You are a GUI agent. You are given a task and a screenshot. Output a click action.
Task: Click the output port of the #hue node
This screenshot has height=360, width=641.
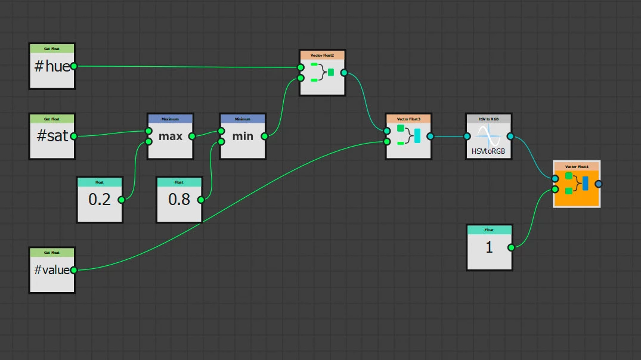[x=74, y=66]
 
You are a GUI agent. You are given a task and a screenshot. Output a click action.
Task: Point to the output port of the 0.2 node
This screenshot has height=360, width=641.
[x=122, y=200]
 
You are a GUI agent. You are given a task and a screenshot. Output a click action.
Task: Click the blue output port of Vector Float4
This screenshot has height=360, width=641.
[x=599, y=184]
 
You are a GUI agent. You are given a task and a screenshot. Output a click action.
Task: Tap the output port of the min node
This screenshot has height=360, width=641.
[x=264, y=136]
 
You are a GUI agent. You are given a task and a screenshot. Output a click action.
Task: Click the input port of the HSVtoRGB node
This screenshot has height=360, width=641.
[x=467, y=136]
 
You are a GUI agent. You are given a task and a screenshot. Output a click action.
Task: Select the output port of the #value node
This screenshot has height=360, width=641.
[x=74, y=270]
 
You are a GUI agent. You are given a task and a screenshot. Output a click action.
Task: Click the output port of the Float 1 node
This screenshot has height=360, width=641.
[x=511, y=247]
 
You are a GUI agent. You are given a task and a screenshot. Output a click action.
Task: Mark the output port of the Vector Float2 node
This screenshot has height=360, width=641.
[x=343, y=73]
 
